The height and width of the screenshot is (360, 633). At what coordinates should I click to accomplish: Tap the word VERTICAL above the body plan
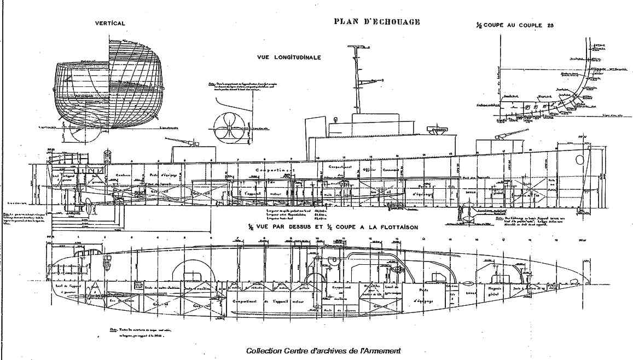tap(110, 24)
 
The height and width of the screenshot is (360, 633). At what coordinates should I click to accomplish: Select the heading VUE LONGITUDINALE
tap(288, 57)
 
